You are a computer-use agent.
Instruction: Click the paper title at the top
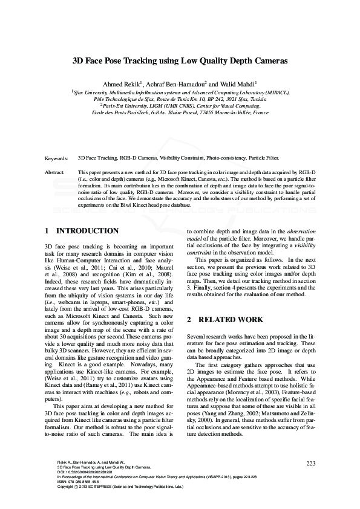click(x=180, y=61)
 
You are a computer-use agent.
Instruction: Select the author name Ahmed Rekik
click(x=123, y=83)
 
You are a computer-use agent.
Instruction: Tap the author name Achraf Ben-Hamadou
click(x=177, y=83)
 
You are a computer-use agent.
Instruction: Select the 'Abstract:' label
click(x=55, y=172)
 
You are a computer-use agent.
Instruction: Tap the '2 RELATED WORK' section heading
click(x=224, y=319)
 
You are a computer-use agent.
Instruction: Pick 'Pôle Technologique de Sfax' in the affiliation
click(x=124, y=99)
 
